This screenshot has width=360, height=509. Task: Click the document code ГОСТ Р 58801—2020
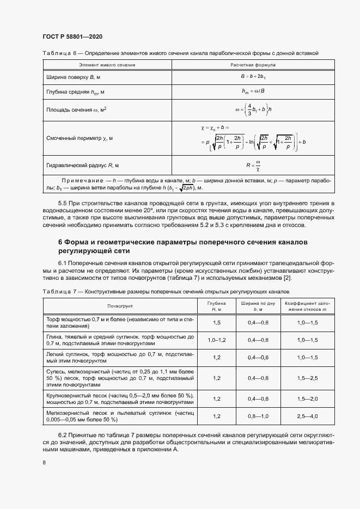point(72,36)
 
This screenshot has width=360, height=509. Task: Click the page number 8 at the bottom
point(44,463)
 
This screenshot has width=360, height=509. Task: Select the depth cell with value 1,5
point(216,323)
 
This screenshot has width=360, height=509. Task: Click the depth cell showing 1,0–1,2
point(216,340)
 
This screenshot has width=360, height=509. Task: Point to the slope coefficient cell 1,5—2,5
point(307,378)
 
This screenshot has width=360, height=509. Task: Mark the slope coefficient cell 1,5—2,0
point(307,398)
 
